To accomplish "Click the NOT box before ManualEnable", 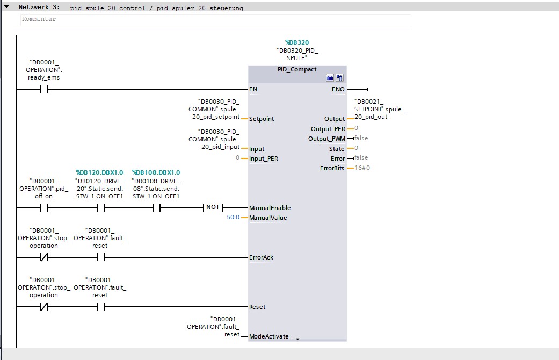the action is pos(213,207).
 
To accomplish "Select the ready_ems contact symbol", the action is pos(44,89).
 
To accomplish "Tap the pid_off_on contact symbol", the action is pos(44,207).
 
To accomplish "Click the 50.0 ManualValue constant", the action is pos(233,217).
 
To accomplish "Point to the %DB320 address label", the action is pos(297,42).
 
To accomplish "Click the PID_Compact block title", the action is pos(297,69).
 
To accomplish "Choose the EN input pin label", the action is pos(253,89).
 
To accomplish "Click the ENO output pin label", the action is pos(338,89).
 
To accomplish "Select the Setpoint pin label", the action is pos(262,119).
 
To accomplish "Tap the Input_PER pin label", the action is pos(264,159).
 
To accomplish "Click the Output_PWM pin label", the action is pos(326,139).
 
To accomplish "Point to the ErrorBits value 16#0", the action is pos(362,168).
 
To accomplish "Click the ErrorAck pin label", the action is pos(262,257).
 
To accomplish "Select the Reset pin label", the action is pos(257,307).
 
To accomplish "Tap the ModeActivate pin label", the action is pos(269,336).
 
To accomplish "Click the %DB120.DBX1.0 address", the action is pos(99,172).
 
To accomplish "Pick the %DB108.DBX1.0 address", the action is pos(156,172).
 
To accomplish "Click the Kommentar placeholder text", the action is pos(39,19).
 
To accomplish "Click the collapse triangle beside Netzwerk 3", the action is pos(6,6).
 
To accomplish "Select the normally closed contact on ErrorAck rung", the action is pos(44,257).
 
